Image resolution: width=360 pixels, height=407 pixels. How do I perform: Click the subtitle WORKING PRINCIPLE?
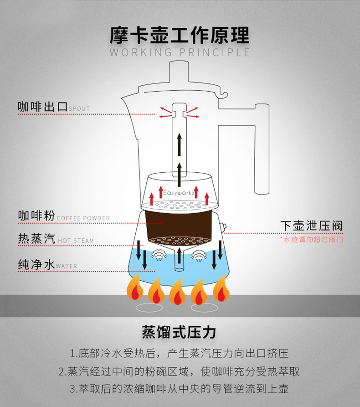click(180, 52)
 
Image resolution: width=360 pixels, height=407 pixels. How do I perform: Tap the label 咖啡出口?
click(42, 107)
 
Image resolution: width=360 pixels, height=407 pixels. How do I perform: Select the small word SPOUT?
click(79, 109)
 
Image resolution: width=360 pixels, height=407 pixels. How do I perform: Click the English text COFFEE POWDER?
click(83, 218)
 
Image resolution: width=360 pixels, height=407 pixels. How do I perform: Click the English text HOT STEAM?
click(76, 241)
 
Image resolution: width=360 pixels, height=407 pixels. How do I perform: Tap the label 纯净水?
click(36, 264)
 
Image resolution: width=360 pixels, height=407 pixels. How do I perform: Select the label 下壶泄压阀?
click(311, 226)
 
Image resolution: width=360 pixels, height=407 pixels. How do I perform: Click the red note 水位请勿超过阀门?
click(311, 239)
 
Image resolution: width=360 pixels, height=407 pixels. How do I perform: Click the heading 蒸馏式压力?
click(179, 332)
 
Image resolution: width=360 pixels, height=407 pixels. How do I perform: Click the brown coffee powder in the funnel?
click(180, 223)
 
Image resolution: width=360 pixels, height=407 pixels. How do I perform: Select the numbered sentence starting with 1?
click(179, 354)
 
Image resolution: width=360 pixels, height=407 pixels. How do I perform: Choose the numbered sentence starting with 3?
click(179, 389)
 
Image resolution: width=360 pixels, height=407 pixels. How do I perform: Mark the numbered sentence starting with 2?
click(179, 371)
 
